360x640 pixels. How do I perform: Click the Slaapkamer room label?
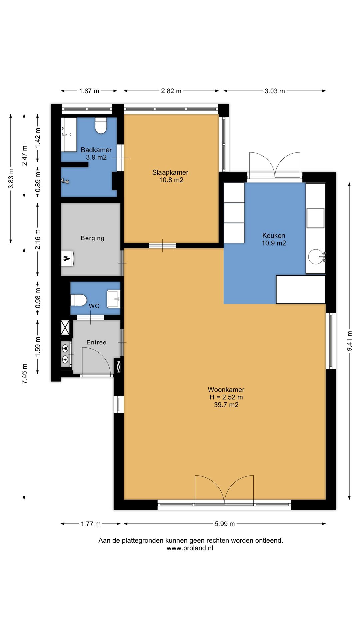(x=170, y=172)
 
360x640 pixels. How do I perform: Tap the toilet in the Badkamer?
(x=101, y=126)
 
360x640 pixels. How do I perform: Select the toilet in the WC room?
(x=79, y=300)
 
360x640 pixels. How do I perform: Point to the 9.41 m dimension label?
(x=349, y=341)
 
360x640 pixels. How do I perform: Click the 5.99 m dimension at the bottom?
(x=225, y=524)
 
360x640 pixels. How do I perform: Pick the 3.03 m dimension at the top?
(x=275, y=91)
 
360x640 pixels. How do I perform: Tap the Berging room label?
(x=92, y=238)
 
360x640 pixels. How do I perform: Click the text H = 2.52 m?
(x=226, y=397)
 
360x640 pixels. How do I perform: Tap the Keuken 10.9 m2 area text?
(x=274, y=243)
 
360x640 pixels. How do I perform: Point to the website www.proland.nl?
(x=190, y=548)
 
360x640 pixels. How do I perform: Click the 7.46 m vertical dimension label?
(x=24, y=373)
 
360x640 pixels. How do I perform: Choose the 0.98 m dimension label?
(x=38, y=298)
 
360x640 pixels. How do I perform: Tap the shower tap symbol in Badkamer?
(x=65, y=181)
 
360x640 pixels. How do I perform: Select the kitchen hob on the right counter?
(x=315, y=218)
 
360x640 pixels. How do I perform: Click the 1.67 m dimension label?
(x=89, y=91)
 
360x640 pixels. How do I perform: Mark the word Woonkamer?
(x=226, y=389)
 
